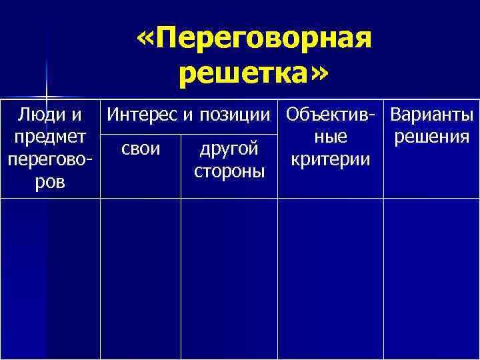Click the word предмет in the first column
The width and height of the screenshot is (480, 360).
coord(50,137)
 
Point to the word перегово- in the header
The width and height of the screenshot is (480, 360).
coord(50,160)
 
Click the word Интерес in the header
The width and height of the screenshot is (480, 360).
coord(139,115)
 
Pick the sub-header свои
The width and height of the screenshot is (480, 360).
coord(141,147)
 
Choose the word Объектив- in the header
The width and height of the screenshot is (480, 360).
coord(330,115)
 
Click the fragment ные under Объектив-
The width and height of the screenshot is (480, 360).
coord(331,137)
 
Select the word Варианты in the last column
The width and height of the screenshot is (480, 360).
coord(432,115)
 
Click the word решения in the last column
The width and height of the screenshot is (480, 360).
coord(432,138)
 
